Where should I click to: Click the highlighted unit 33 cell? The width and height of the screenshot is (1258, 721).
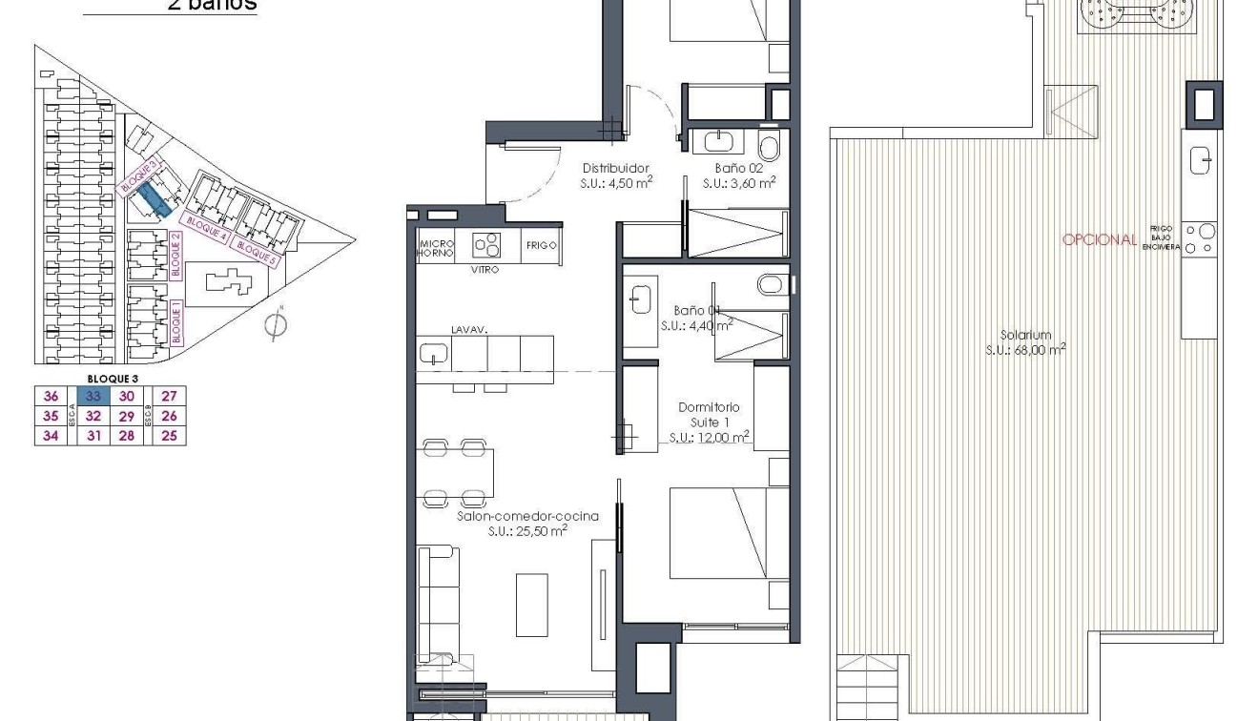pyautogui.click(x=93, y=396)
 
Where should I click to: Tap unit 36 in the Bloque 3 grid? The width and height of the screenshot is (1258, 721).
pyautogui.click(x=52, y=396)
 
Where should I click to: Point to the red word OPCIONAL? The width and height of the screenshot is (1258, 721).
pyautogui.click(x=1099, y=239)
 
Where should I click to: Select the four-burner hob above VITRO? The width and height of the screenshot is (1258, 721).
pyautogui.click(x=486, y=245)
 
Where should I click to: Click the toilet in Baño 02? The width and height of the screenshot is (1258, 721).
pyautogui.click(x=769, y=146)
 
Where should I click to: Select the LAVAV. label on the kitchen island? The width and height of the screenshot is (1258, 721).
pyautogui.click(x=470, y=329)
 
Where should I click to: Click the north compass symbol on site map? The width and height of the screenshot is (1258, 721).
pyautogui.click(x=275, y=324)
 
